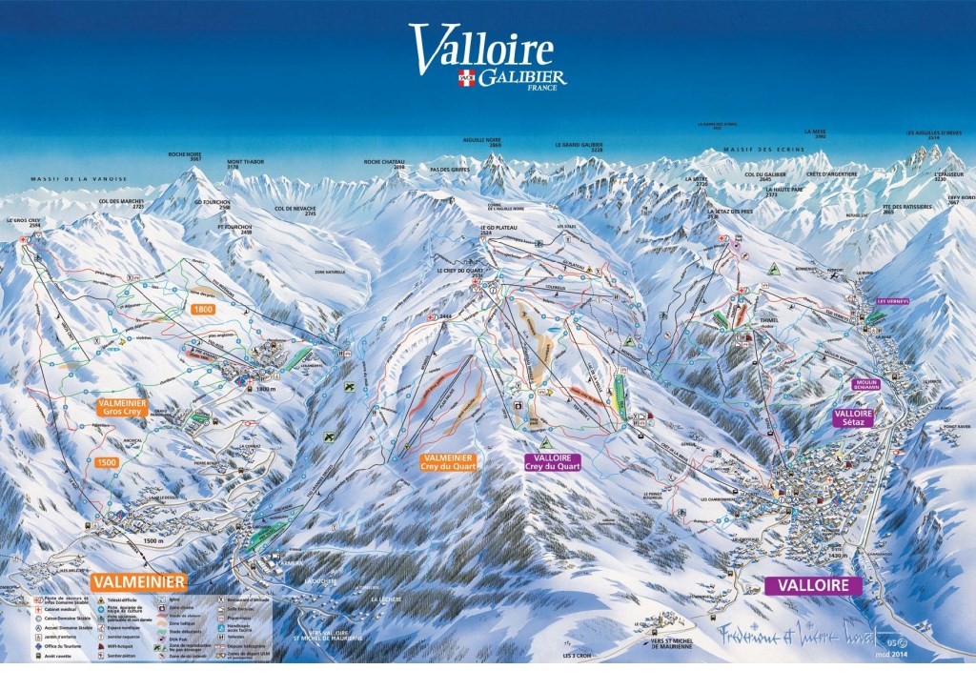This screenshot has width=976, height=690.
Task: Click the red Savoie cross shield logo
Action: tap(466, 77)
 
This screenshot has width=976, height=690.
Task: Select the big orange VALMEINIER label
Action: tap(138, 580)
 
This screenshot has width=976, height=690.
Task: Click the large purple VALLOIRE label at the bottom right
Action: tap(812, 584)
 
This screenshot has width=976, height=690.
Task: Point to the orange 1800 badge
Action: tap(203, 309)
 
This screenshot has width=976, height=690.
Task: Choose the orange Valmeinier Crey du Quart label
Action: tap(447, 462)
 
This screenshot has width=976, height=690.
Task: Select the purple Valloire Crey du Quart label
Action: tap(552, 462)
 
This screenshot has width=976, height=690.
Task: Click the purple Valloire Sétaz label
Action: tap(853, 418)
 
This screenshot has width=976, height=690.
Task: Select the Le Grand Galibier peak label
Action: tap(579, 148)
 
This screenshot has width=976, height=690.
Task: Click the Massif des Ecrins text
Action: tap(763, 150)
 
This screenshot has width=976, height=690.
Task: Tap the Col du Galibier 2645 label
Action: tap(764, 177)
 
